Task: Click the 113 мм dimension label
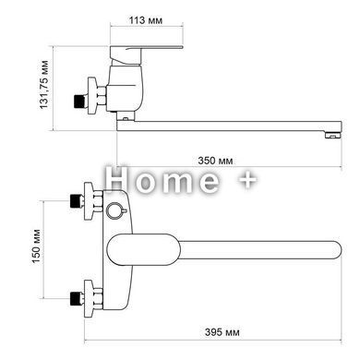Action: (146, 20)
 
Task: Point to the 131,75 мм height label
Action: (44, 85)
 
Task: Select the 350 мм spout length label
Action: (215, 161)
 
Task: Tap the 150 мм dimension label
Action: (37, 246)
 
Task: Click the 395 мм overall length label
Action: (222, 332)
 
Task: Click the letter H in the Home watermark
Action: (117, 179)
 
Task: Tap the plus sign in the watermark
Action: (247, 180)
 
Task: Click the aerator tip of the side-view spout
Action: (333, 135)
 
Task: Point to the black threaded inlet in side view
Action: (79, 102)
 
